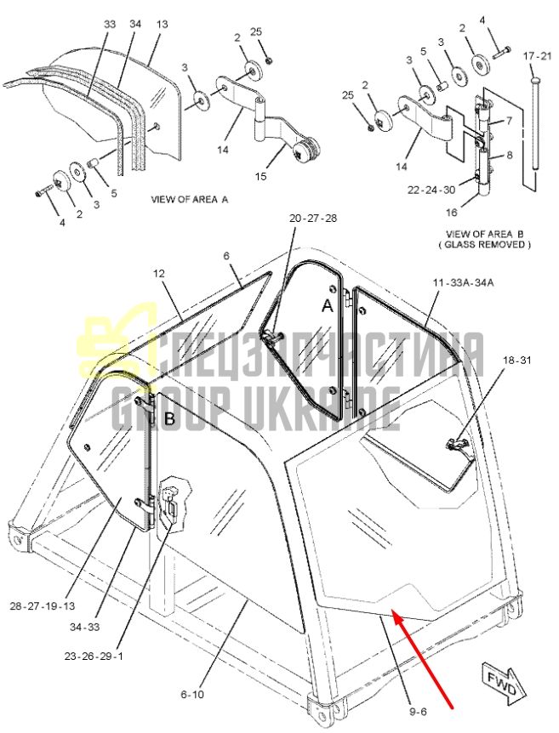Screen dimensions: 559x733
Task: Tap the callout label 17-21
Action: [x=537, y=56]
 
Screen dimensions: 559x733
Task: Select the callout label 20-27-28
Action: [x=313, y=218]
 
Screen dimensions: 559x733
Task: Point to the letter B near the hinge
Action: [x=169, y=419]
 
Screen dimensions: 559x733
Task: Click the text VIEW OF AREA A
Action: [x=190, y=199]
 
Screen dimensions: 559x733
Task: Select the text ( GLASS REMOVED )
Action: [x=483, y=244]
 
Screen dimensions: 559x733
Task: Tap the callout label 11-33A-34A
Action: [x=463, y=282]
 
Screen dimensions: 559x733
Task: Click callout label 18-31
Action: [x=517, y=361]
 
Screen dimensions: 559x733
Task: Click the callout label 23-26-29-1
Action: [x=94, y=656]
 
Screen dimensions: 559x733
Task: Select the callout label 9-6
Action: [x=418, y=712]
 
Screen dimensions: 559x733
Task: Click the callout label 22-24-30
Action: [x=431, y=190]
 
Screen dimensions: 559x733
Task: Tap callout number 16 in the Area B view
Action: [x=451, y=213]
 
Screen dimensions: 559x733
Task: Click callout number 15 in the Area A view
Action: [x=260, y=176]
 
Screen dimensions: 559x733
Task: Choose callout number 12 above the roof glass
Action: [x=159, y=273]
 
